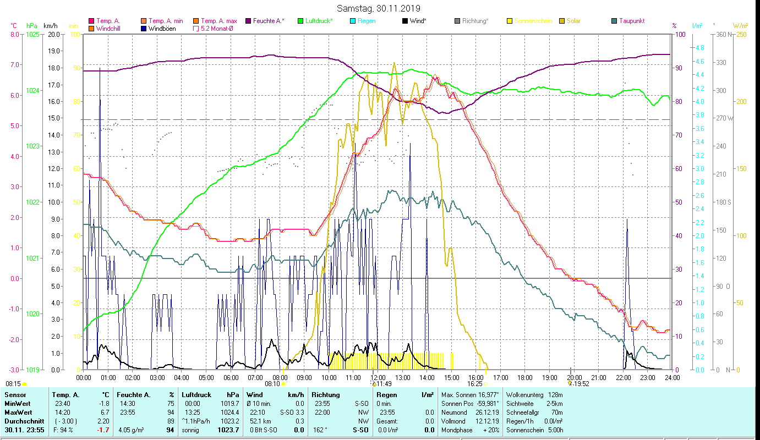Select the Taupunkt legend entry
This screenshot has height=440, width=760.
(631, 21)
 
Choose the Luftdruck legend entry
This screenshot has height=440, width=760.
(320, 21)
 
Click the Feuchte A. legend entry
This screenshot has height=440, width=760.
(268, 21)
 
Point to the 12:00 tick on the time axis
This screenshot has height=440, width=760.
(378, 377)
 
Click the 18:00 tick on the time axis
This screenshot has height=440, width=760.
(525, 377)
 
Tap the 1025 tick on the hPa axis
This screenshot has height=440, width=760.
(32, 34)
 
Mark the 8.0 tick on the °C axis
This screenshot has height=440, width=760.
(14, 34)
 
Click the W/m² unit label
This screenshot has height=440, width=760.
(740, 26)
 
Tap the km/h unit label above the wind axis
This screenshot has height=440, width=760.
(50, 26)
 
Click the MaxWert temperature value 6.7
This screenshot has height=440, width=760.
(105, 412)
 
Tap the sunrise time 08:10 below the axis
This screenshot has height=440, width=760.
(272, 384)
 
